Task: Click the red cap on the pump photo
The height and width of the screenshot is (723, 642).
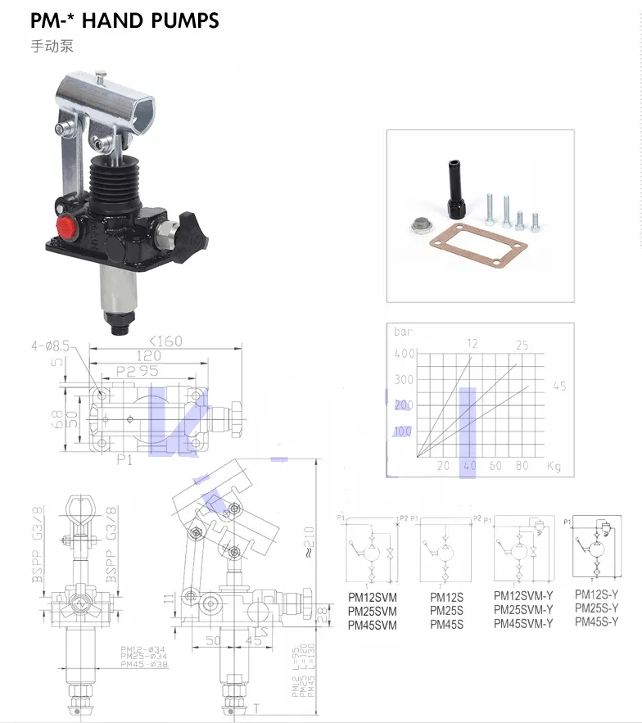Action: coord(66,227)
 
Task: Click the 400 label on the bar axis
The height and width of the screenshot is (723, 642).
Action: coord(404,354)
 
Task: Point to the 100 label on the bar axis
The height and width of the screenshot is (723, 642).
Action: coord(404,431)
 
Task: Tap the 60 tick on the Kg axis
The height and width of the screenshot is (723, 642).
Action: coord(495,466)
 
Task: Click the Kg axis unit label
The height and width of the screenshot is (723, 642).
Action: coord(554,466)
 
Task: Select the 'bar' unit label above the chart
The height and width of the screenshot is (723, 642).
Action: coord(403,332)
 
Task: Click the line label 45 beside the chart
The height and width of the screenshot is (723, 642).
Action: coord(559,386)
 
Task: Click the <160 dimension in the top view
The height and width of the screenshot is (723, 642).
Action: coord(165,341)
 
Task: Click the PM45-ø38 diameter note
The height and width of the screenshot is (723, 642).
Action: coord(143,664)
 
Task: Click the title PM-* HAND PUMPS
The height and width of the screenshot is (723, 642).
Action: coord(125,20)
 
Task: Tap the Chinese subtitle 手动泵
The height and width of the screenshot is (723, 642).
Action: coord(52,46)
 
